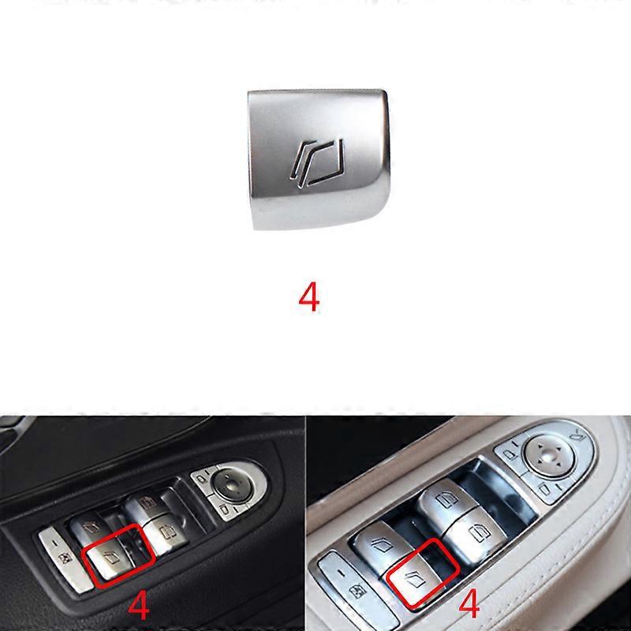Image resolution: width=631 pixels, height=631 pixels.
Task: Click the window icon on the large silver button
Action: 318,163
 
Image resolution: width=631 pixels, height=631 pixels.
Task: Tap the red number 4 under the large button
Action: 309,297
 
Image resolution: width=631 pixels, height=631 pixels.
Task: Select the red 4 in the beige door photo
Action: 469,603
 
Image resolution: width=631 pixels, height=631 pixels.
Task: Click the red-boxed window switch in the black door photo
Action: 108,558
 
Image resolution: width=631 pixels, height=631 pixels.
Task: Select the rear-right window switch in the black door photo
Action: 146,504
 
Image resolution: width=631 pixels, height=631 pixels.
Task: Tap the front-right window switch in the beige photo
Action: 475,533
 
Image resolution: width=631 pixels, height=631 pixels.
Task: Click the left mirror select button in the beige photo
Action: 510,456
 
